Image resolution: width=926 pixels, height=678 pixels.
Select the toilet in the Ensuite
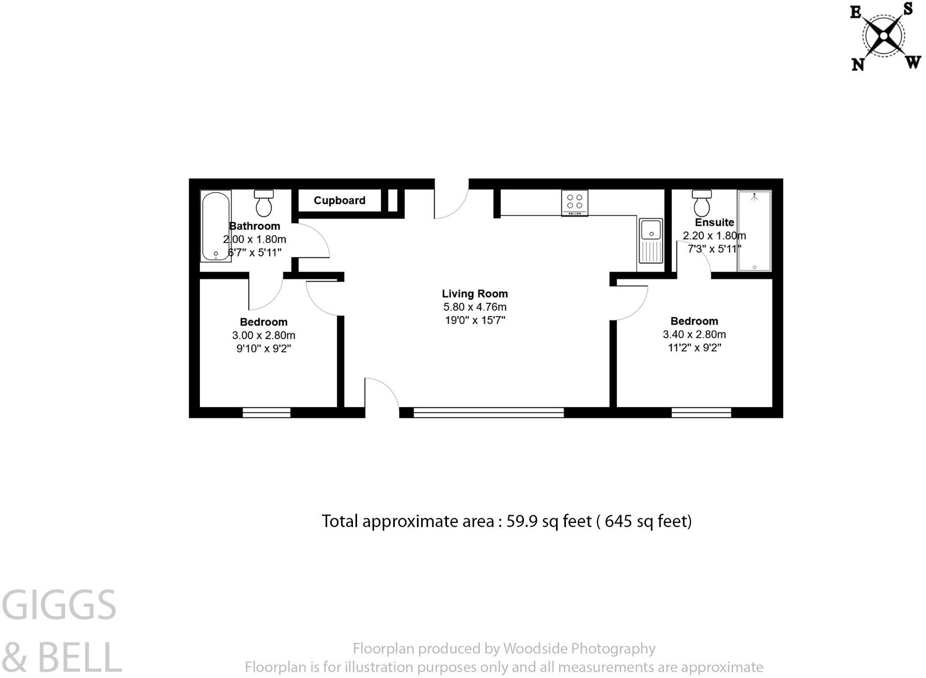coord(702,203)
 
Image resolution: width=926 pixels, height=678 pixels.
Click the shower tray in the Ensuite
coord(754,231)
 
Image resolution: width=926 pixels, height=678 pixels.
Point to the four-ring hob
coord(575,203)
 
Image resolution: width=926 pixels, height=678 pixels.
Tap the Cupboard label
coord(339,201)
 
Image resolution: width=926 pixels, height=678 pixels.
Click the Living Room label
coord(475,294)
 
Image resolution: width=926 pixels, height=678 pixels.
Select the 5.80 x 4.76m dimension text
coord(475,307)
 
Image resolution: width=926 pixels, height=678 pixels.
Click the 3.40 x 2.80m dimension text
coord(694,334)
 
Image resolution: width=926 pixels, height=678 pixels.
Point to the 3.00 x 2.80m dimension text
coord(264,335)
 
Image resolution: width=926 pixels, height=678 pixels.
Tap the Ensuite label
coord(714,222)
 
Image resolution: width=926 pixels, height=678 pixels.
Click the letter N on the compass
coord(858,64)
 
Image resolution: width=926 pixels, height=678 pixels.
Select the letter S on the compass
coord(908,8)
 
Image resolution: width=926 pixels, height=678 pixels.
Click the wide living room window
coord(489,412)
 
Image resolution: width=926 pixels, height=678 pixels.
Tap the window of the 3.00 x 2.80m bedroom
coord(267,412)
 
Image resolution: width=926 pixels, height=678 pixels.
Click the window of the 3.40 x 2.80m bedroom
coord(701,412)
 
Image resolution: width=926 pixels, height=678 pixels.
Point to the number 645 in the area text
coord(618,521)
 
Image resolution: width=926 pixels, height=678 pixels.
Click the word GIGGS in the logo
coord(59,605)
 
